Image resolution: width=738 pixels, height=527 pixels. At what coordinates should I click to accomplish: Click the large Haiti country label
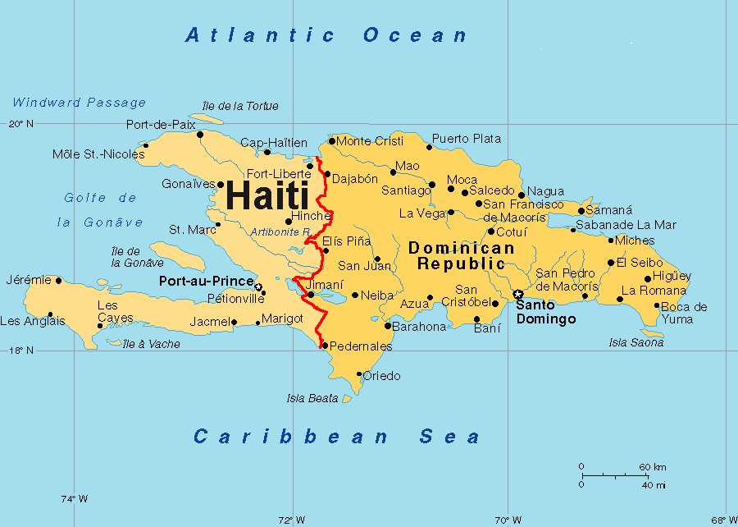pyautogui.click(x=266, y=195)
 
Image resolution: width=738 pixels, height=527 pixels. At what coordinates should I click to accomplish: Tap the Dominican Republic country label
pyautogui.click(x=461, y=255)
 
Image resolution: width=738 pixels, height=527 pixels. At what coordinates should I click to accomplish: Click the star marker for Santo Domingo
pyautogui.click(x=517, y=295)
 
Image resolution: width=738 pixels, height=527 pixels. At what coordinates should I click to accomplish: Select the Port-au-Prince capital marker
pyautogui.click(x=258, y=287)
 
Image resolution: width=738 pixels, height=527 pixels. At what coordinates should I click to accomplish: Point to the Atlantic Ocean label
pyautogui.click(x=326, y=35)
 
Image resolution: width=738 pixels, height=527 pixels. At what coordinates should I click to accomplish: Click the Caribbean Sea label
pyautogui.click(x=337, y=436)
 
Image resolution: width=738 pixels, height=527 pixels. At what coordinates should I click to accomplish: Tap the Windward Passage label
pyautogui.click(x=79, y=103)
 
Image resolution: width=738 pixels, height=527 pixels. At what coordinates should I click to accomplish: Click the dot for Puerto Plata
pyautogui.click(x=429, y=147)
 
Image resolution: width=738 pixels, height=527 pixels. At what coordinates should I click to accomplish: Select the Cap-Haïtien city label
pyautogui.click(x=274, y=142)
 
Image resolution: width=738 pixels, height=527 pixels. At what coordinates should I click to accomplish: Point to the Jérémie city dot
pyautogui.click(x=58, y=280)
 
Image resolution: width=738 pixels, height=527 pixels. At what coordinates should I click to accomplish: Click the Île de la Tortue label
pyautogui.click(x=239, y=106)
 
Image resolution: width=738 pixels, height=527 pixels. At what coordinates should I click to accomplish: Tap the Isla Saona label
pyautogui.click(x=636, y=342)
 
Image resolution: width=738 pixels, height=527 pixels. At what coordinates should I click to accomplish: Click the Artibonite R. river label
pyautogui.click(x=280, y=231)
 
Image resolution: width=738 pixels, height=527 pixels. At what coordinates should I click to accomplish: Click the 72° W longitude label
pyautogui.click(x=292, y=520)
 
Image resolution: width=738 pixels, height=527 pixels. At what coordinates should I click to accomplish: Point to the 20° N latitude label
pyautogui.click(x=21, y=124)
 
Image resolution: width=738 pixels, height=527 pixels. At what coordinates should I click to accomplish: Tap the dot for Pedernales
pyautogui.click(x=325, y=346)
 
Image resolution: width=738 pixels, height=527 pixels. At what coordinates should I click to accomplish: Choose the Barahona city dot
pyautogui.click(x=387, y=326)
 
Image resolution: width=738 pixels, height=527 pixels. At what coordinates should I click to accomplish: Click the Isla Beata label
pyautogui.click(x=312, y=398)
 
